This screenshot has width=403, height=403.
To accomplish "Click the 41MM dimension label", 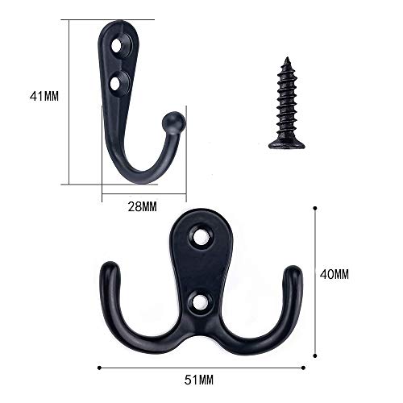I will coord(46,97).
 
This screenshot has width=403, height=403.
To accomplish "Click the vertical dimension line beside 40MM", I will coord(314,274).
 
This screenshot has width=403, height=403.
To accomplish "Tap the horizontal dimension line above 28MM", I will coord(143,194).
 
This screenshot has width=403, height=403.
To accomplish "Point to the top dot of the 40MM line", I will coord(314,208).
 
